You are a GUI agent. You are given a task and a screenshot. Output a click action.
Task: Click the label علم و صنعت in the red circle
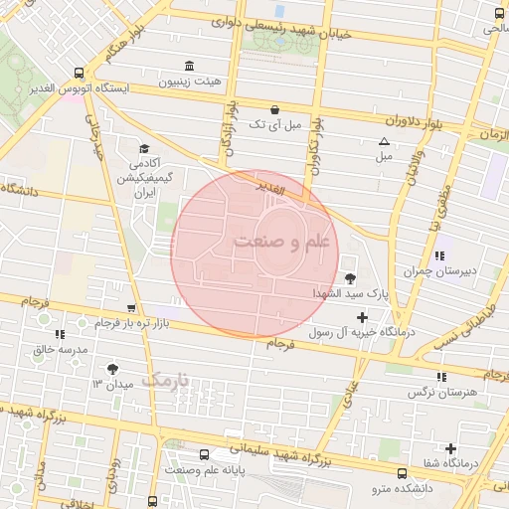[x=270, y=241]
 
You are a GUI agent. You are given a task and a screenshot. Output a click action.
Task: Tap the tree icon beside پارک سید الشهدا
[x=349, y=278]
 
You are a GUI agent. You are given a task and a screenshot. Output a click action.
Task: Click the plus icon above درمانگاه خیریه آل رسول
[x=362, y=316]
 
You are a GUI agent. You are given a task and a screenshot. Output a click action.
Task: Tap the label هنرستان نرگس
[x=441, y=393]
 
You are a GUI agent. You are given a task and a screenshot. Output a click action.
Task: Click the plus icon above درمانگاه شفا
[x=451, y=448]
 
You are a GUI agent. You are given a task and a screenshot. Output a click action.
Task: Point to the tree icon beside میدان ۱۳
[x=125, y=369]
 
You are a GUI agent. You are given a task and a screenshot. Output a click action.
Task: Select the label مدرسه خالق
[x=61, y=350]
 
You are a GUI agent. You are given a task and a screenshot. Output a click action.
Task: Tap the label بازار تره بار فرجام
[x=119, y=324]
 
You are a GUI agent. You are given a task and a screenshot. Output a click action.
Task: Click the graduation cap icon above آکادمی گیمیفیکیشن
[x=144, y=148]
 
